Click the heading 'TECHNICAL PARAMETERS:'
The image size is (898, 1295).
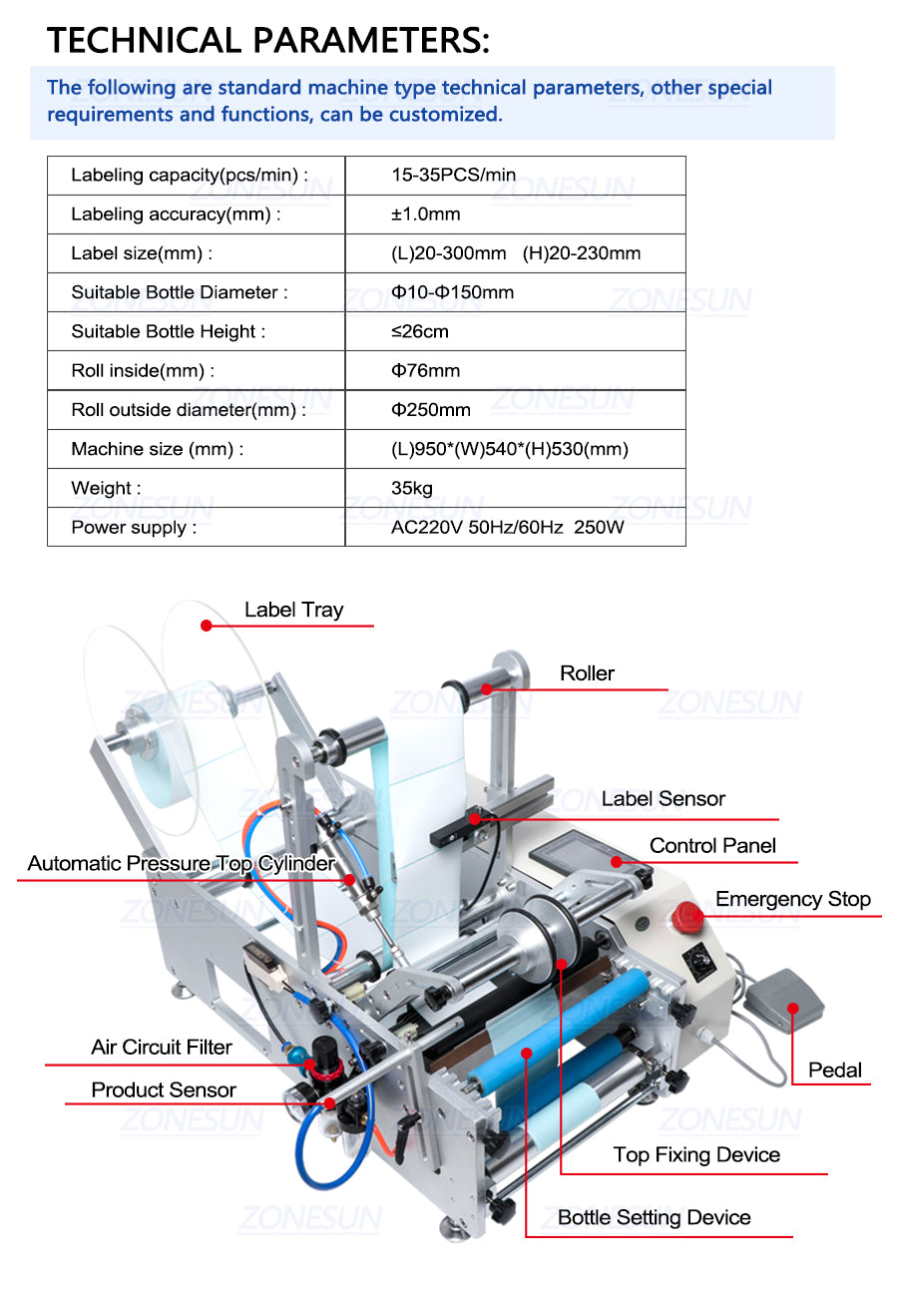pos(268,41)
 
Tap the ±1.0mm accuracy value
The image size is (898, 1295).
pos(426,214)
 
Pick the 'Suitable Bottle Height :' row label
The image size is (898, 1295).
pos(169,331)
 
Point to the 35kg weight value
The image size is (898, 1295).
pos(412,488)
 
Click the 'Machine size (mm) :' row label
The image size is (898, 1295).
pos(158,449)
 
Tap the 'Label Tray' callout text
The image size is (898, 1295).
pos(293,610)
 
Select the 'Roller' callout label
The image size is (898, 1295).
pos(587,672)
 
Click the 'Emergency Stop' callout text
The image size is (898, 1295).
pos(793,898)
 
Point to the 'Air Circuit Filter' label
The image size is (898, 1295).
pos(162,1047)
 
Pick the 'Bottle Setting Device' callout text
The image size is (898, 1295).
pos(654,1217)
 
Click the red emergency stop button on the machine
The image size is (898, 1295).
pos(687,917)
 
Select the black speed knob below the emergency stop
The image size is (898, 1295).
pos(700,960)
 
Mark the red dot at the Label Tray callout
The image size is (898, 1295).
pos(207,626)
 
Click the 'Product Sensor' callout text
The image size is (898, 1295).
pos(164,1089)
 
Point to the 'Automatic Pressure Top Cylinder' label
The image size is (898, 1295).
pos(181,863)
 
